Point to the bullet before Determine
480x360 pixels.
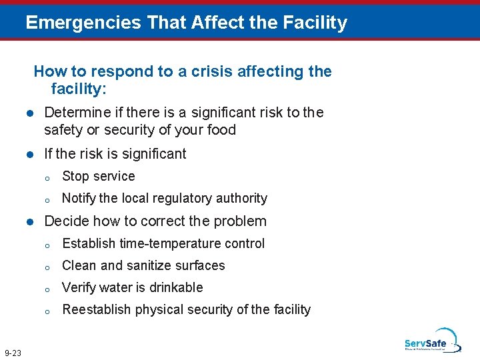pyautogui.click(x=30, y=113)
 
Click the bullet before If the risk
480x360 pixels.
pyautogui.click(x=30, y=154)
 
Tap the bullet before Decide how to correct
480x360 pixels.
pyautogui.click(x=30, y=221)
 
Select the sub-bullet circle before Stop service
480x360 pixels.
pyautogui.click(x=48, y=177)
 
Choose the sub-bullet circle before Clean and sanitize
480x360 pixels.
pyautogui.click(x=48, y=267)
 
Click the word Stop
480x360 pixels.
pyautogui.click(x=75, y=176)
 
